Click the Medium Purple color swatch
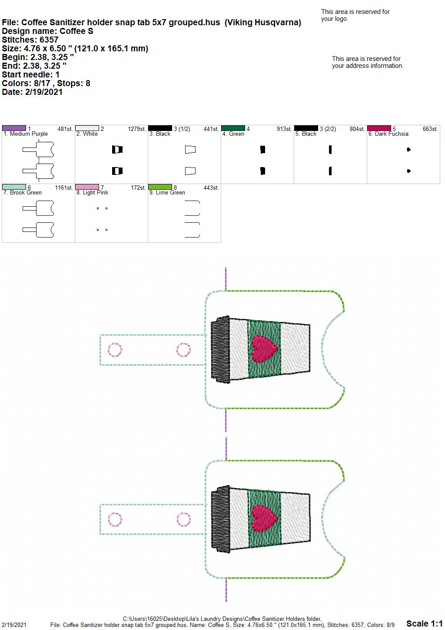click(x=14, y=128)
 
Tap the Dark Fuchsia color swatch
click(x=379, y=128)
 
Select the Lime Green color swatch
click(x=160, y=187)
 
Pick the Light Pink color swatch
click(x=87, y=187)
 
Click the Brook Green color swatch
click(x=14, y=187)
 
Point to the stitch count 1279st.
click(x=137, y=129)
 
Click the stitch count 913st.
click(x=284, y=129)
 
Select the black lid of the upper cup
click(x=221, y=349)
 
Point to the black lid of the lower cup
click(x=221, y=519)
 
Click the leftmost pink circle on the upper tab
click(x=115, y=350)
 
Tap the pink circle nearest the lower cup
click(x=183, y=519)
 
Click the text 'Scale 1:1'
click(x=425, y=623)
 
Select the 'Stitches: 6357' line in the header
click(x=30, y=40)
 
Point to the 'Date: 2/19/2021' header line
click(x=32, y=92)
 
